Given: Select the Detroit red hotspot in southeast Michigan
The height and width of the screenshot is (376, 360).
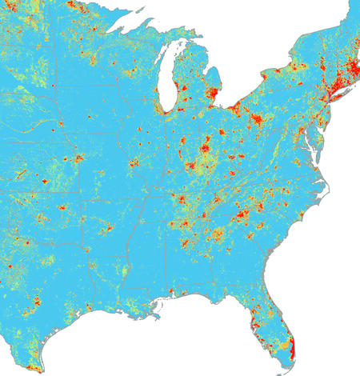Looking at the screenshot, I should (x=214, y=94).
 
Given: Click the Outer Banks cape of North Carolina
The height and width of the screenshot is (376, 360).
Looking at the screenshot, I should (x=330, y=181).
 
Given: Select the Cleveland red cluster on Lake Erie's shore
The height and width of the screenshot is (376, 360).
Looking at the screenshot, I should (x=238, y=106).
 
